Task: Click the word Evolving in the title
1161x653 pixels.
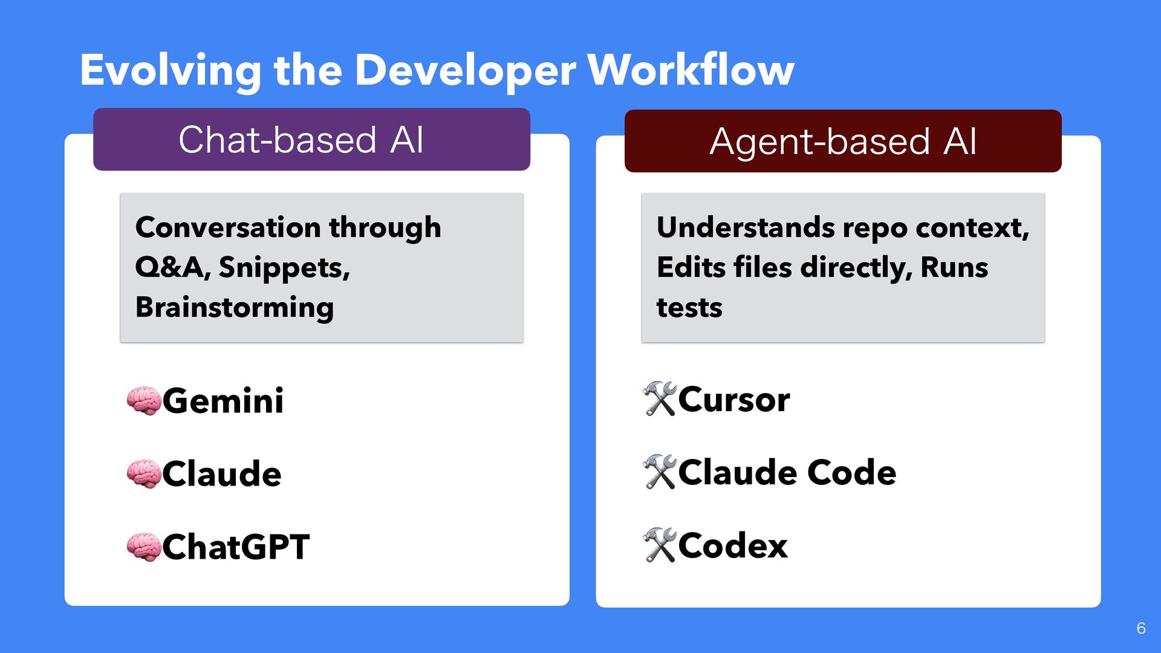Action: click(x=171, y=71)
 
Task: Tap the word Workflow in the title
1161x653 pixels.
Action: click(x=691, y=71)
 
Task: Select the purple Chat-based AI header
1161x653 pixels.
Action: click(x=311, y=140)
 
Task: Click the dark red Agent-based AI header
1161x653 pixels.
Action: click(x=843, y=141)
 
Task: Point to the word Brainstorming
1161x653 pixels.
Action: click(x=234, y=307)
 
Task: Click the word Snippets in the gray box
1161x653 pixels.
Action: click(x=284, y=267)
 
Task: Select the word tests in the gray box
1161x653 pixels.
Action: click(x=689, y=308)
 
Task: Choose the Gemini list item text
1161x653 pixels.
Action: click(x=223, y=401)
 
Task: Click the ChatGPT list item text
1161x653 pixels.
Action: click(x=236, y=547)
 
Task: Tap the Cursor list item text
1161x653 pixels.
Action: click(x=733, y=400)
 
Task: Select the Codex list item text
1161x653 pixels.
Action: click(x=732, y=546)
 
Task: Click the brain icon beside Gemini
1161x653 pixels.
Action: click(x=144, y=401)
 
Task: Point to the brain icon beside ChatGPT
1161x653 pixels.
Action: click(x=144, y=547)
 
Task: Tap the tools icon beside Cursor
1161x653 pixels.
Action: click(x=659, y=399)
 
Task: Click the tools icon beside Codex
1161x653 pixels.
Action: click(x=659, y=545)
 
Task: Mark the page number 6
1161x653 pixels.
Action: click(x=1140, y=628)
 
